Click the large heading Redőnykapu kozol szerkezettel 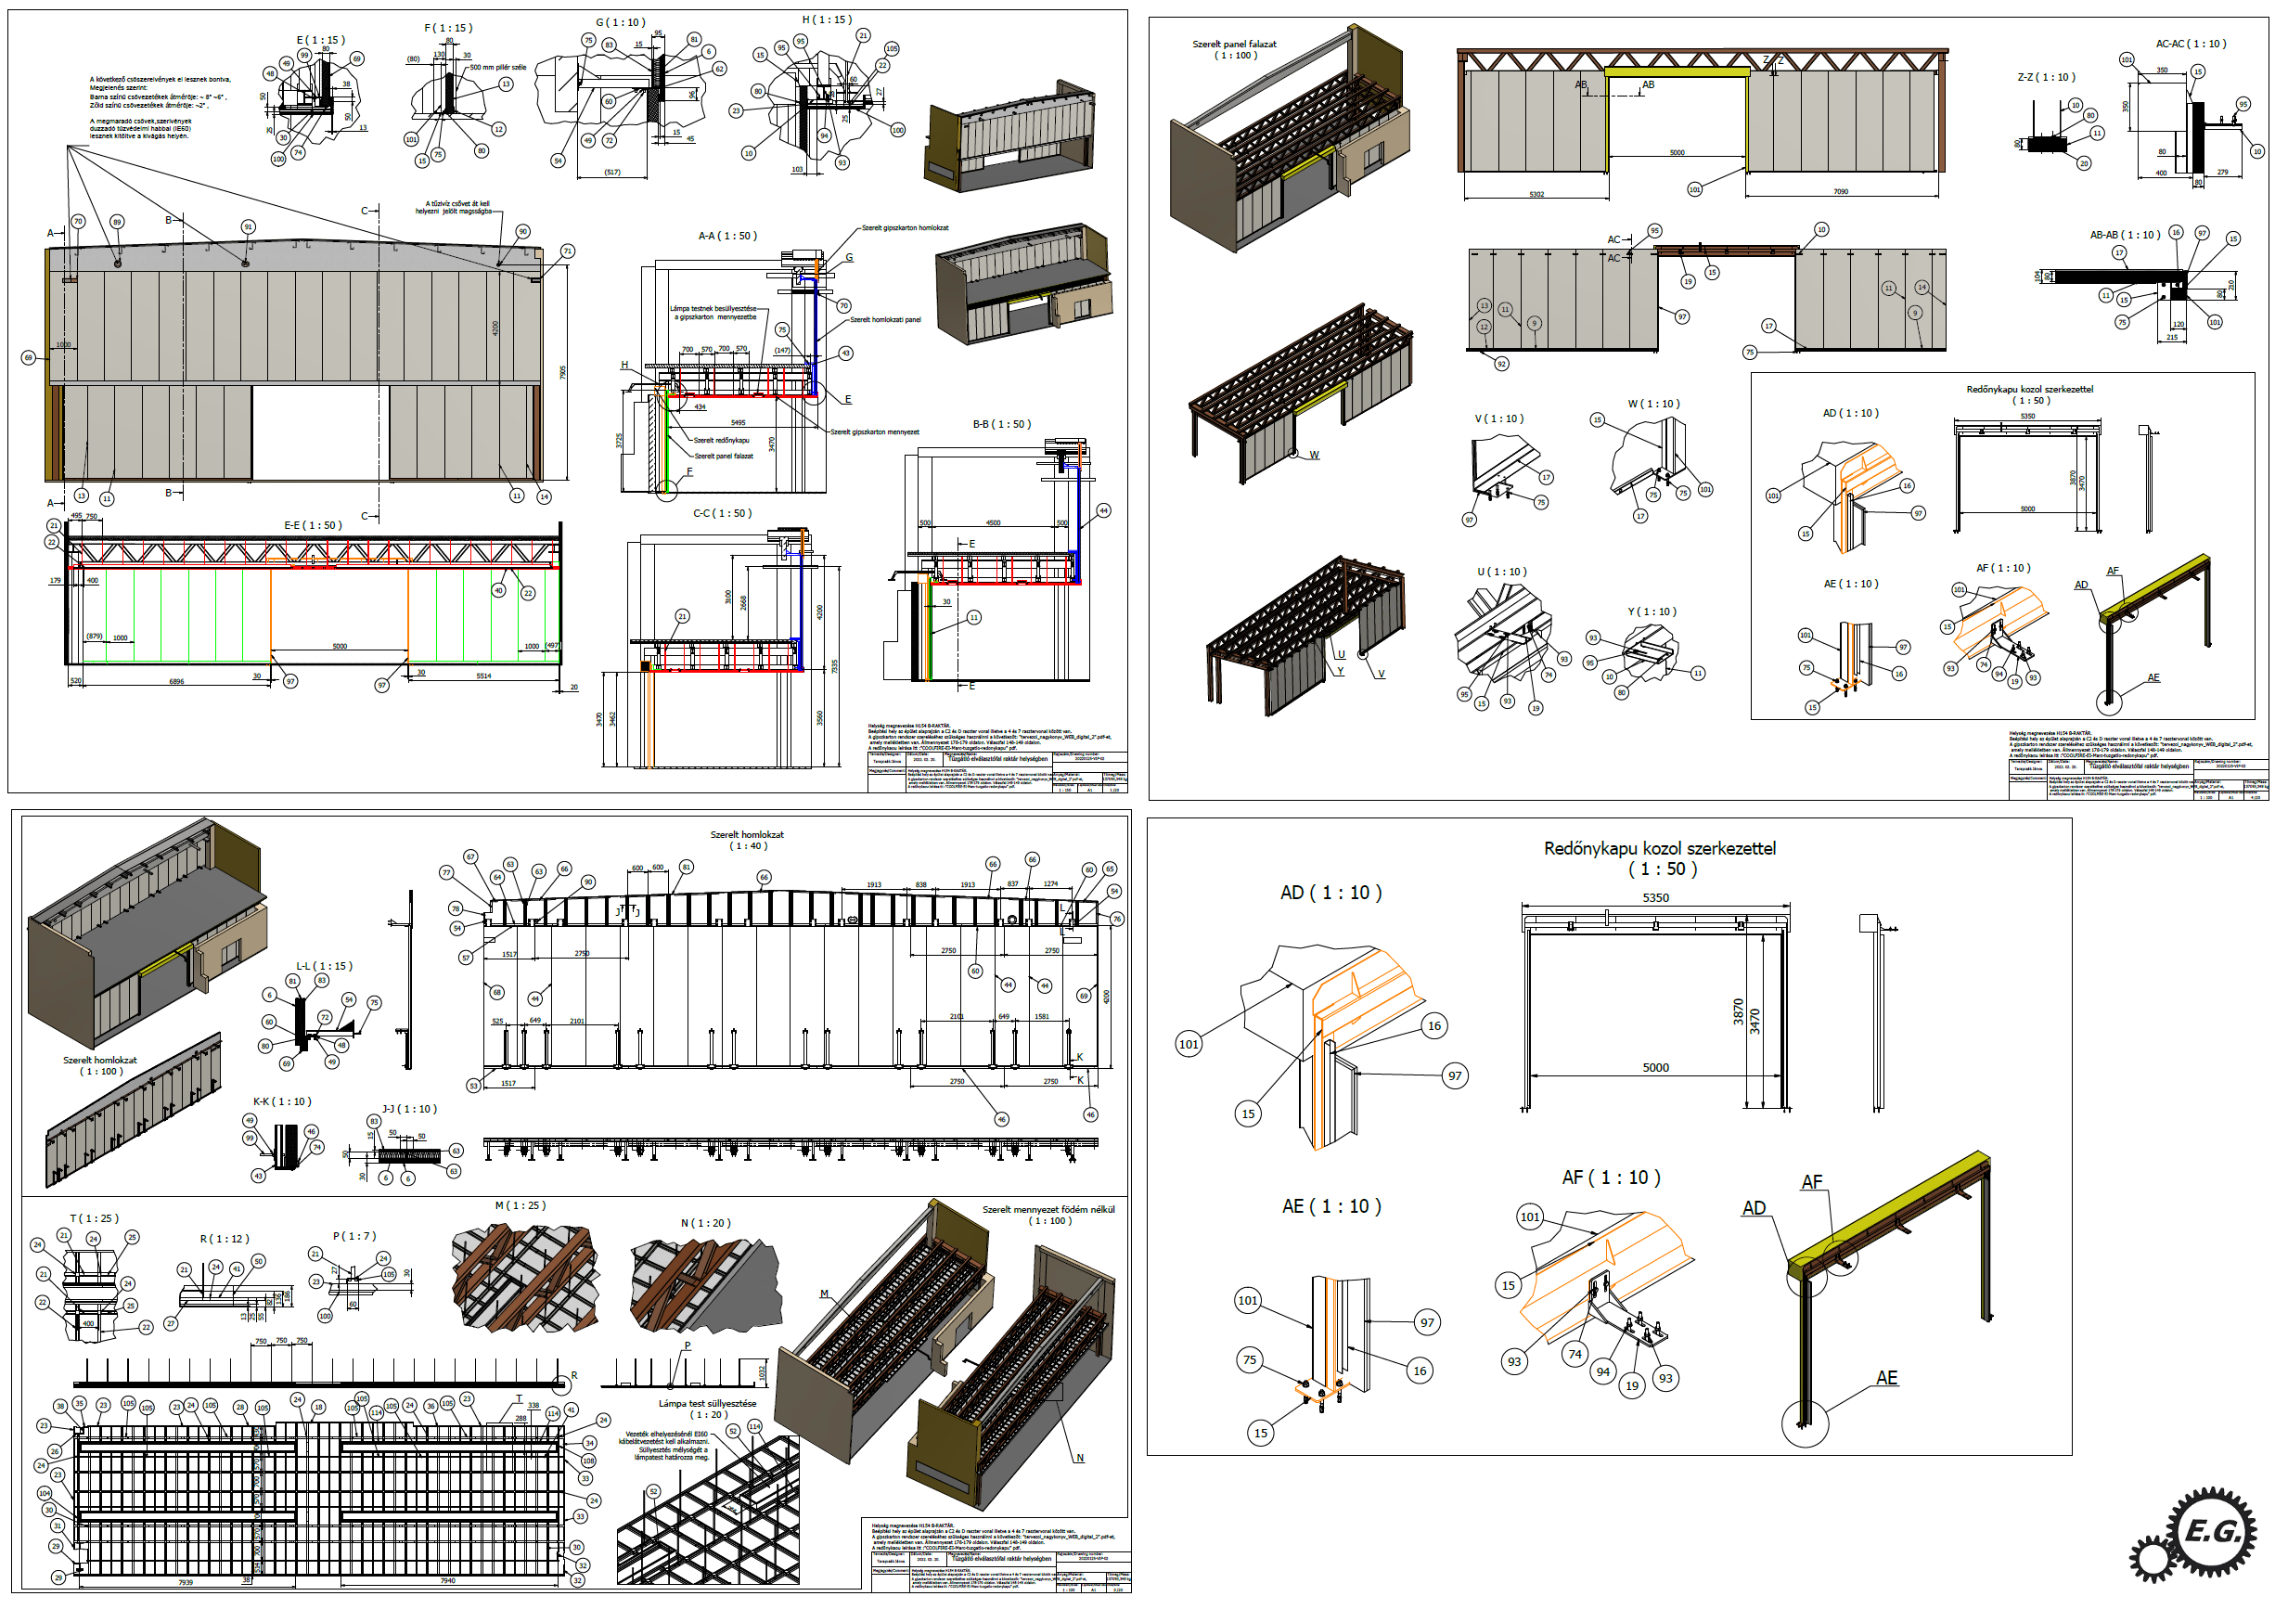point(1659,848)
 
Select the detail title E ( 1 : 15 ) point(320,40)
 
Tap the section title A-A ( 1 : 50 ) point(727,237)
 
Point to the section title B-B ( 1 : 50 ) point(1001,424)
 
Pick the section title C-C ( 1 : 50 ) point(723,513)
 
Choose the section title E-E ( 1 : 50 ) point(313,525)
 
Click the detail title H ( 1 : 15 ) point(827,19)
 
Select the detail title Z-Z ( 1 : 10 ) point(2046,77)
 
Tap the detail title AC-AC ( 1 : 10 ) point(2191,44)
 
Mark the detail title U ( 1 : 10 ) point(1502,573)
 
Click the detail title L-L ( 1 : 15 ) point(324,966)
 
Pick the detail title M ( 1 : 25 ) point(521,1205)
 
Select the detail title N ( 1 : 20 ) point(705,1223)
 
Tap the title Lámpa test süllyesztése point(708,1404)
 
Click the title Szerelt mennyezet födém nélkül point(1048,1209)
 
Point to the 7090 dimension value point(1841,191)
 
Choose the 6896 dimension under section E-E point(176,682)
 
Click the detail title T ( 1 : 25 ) point(94,1218)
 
